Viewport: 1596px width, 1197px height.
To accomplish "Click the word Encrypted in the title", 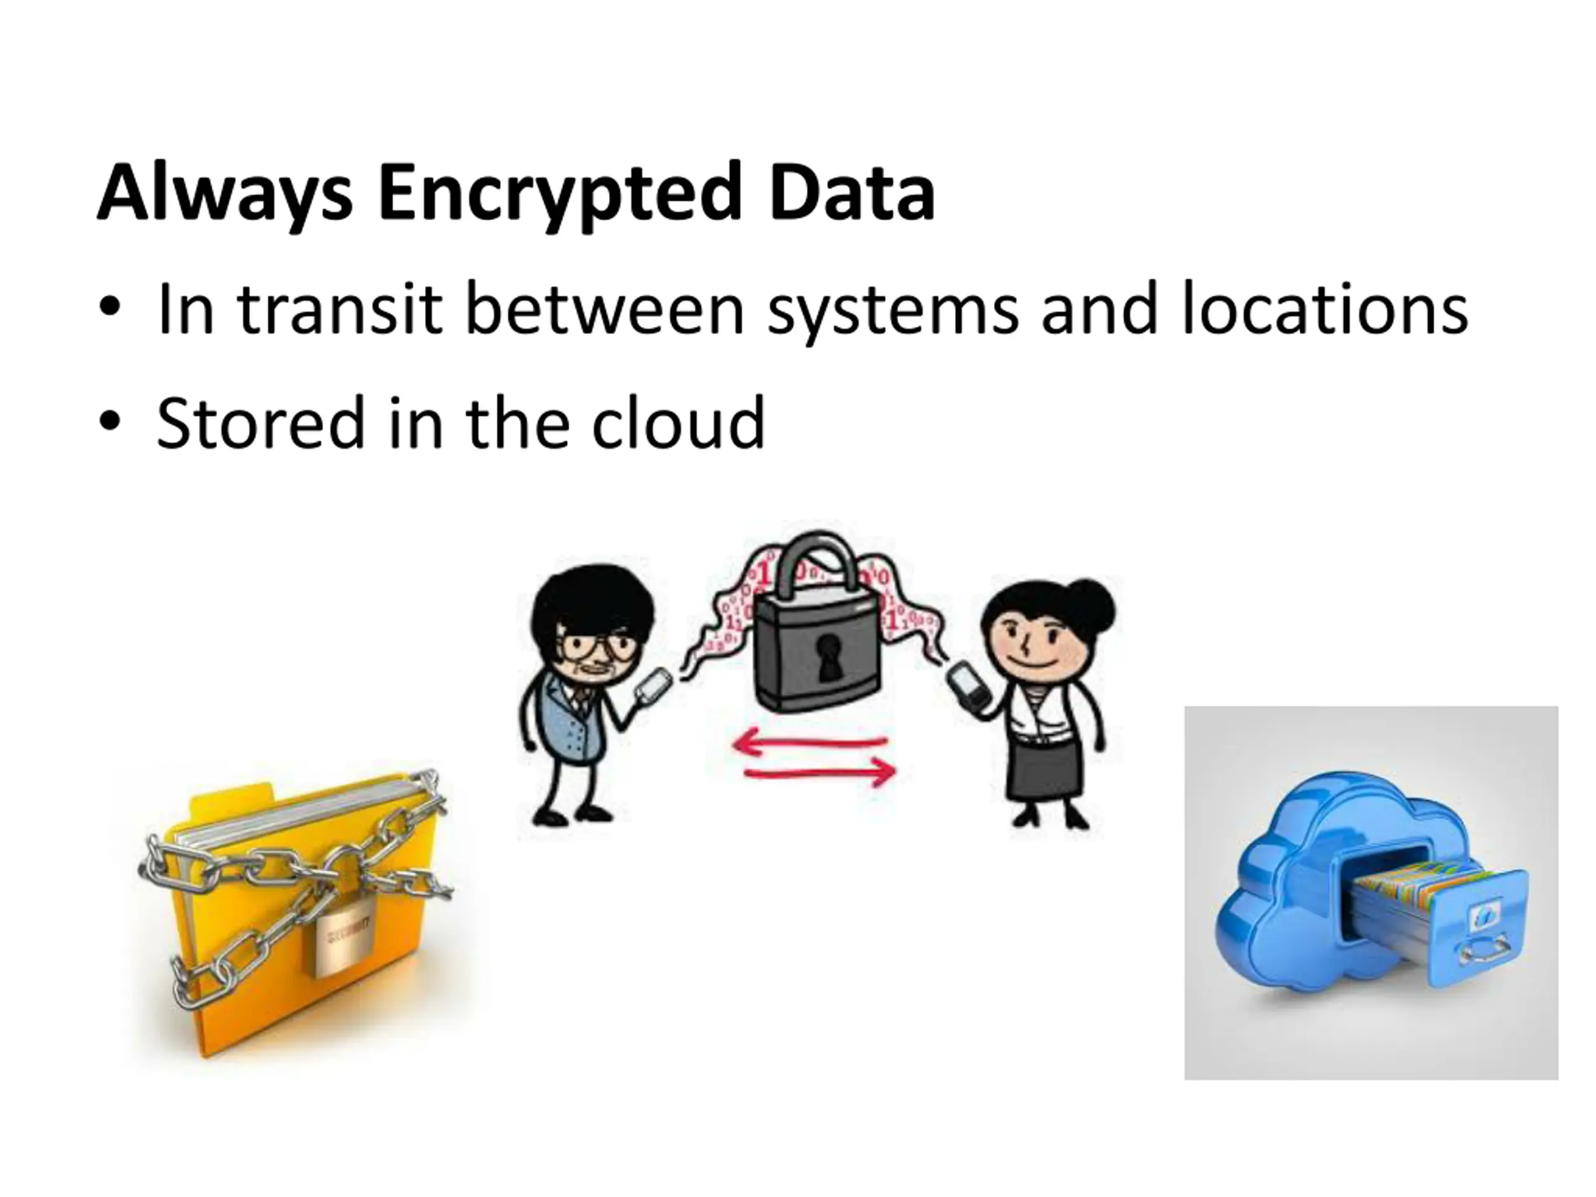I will (559, 193).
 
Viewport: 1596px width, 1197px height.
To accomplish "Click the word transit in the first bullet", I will (339, 310).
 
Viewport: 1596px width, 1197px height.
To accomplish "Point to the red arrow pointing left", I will (808, 743).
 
